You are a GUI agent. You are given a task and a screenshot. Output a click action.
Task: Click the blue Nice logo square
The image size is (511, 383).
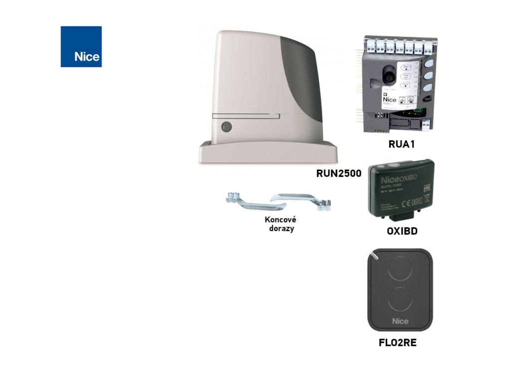pyautogui.click(x=81, y=46)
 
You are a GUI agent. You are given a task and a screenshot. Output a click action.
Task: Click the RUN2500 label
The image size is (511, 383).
pyautogui.click(x=339, y=174)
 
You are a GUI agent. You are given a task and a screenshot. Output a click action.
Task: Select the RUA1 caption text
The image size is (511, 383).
pyautogui.click(x=402, y=145)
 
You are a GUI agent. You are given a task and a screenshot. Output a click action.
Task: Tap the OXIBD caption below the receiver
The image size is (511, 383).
pyautogui.click(x=402, y=231)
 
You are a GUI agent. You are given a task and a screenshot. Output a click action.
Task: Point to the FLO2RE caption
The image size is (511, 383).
pyautogui.click(x=398, y=343)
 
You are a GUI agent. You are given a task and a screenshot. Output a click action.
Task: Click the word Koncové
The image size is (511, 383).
pyautogui.click(x=280, y=219)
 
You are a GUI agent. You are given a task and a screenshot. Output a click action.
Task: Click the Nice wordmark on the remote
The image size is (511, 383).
pyautogui.click(x=400, y=321)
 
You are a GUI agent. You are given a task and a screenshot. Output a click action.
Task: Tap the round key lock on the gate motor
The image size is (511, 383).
pyautogui.click(x=226, y=127)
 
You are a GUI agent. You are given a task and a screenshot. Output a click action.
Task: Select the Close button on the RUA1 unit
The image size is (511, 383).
pyautogui.click(x=405, y=85)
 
